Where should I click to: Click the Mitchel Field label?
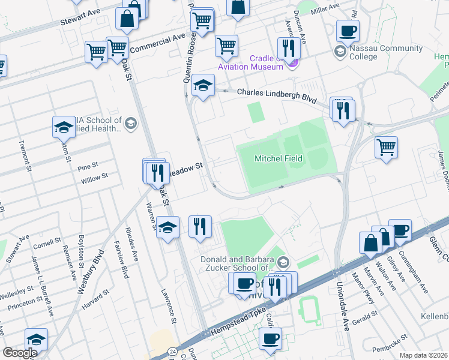coord(278,158)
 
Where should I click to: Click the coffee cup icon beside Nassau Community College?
coord(348,31)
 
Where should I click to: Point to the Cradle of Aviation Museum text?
coord(258,62)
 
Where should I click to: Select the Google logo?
coord(19,353)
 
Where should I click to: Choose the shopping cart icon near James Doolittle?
coord(386,147)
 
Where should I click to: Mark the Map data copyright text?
coord(423,355)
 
